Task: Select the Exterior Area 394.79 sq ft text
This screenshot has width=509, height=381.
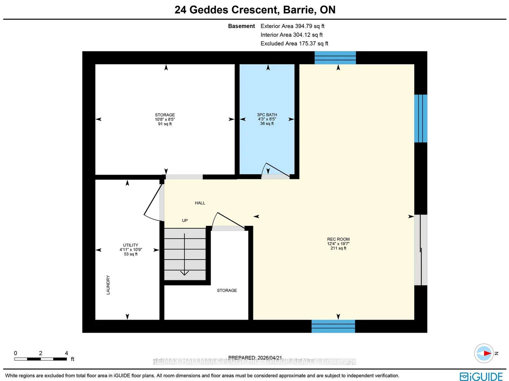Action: click(x=292, y=26)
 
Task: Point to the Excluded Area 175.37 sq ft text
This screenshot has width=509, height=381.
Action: click(x=294, y=43)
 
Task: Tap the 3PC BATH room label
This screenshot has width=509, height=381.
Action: click(x=267, y=115)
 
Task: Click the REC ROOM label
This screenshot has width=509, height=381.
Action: click(x=338, y=239)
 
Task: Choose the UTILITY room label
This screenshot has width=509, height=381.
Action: click(x=131, y=245)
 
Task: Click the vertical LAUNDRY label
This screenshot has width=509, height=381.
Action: click(x=108, y=285)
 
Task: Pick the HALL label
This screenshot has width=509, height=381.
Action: click(x=200, y=203)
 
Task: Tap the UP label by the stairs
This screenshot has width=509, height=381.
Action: click(x=185, y=220)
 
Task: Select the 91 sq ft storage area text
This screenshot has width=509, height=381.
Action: click(x=165, y=124)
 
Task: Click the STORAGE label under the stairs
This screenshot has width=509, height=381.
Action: click(x=227, y=291)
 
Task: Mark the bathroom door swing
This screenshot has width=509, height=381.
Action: click(x=276, y=171)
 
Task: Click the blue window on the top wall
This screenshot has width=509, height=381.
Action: click(x=335, y=58)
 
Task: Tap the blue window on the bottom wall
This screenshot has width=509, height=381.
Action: click(x=333, y=326)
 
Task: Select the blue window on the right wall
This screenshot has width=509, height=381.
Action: click(x=421, y=118)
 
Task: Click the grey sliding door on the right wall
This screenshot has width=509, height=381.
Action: click(x=421, y=250)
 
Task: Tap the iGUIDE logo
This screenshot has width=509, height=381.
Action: click(x=481, y=376)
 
